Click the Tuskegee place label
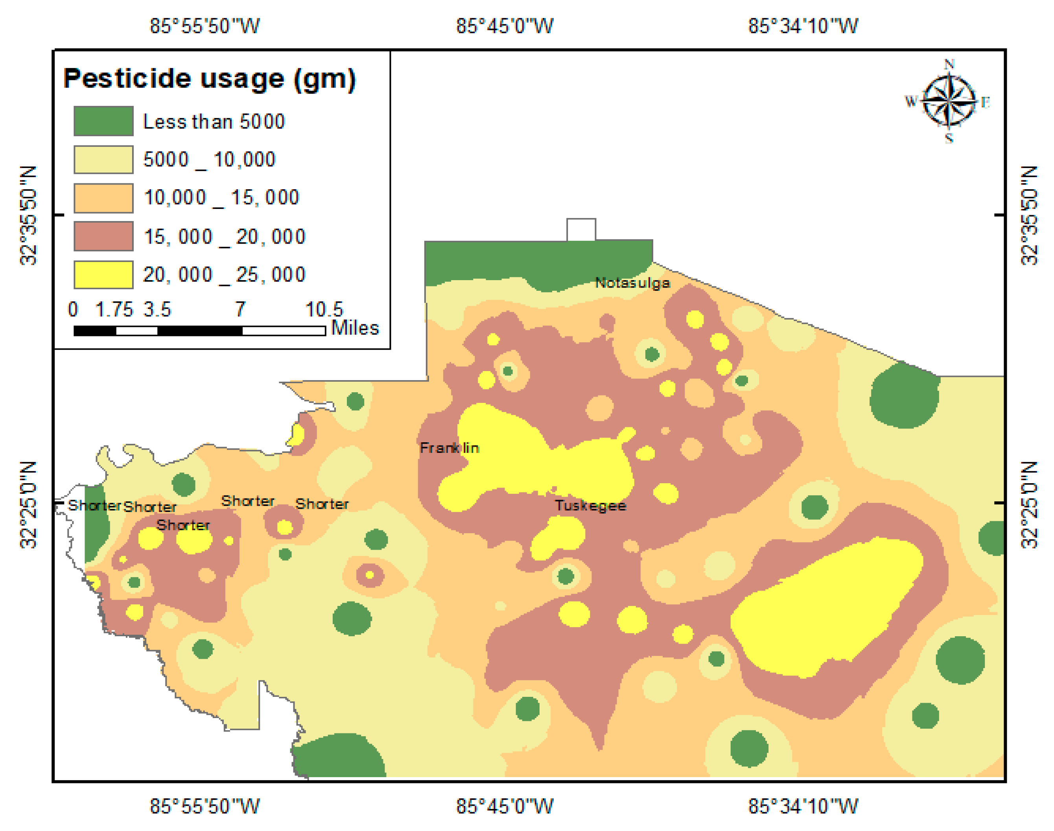[590, 506]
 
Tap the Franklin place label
[449, 448]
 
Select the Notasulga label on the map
[632, 283]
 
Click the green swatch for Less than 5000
[103, 121]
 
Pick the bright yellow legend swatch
[103, 275]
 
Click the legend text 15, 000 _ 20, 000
[224, 237]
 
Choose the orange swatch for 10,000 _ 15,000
[103, 198]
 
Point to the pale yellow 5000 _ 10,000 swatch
[103, 160]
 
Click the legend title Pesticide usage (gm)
[210, 79]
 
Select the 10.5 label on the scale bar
[324, 309]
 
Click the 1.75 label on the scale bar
[114, 309]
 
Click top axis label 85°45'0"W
[504, 26]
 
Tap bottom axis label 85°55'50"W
[204, 806]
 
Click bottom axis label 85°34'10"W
[803, 806]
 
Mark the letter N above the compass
[949, 64]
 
